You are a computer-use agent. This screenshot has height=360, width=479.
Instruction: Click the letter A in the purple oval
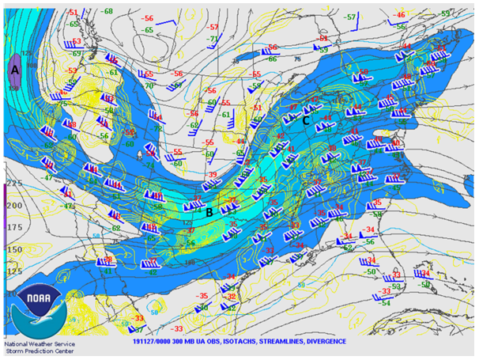(14, 70)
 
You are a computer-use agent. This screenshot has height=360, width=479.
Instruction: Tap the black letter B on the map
(209, 211)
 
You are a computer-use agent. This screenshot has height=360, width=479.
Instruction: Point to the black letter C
(306, 121)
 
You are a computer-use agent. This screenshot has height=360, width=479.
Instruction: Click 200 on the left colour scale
(14, 205)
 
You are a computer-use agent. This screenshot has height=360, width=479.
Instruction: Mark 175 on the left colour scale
(14, 227)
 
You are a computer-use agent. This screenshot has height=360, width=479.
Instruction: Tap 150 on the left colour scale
(14, 249)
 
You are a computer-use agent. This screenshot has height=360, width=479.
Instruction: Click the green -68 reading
(107, 12)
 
